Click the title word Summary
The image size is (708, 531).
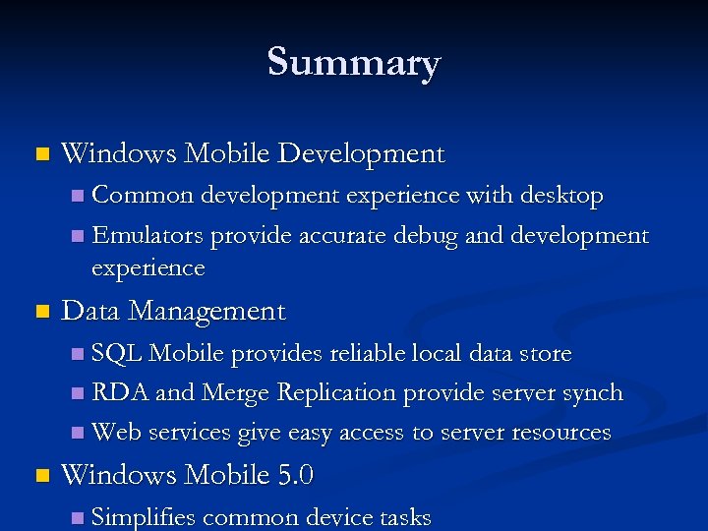tap(354, 63)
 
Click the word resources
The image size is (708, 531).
tap(557, 433)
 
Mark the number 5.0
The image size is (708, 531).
tap(295, 476)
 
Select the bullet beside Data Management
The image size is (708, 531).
tap(40, 313)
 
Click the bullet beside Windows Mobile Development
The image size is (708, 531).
tap(40, 154)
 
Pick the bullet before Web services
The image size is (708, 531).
tap(78, 434)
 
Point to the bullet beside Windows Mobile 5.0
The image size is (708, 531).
tap(40, 477)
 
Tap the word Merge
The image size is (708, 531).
tap(236, 393)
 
